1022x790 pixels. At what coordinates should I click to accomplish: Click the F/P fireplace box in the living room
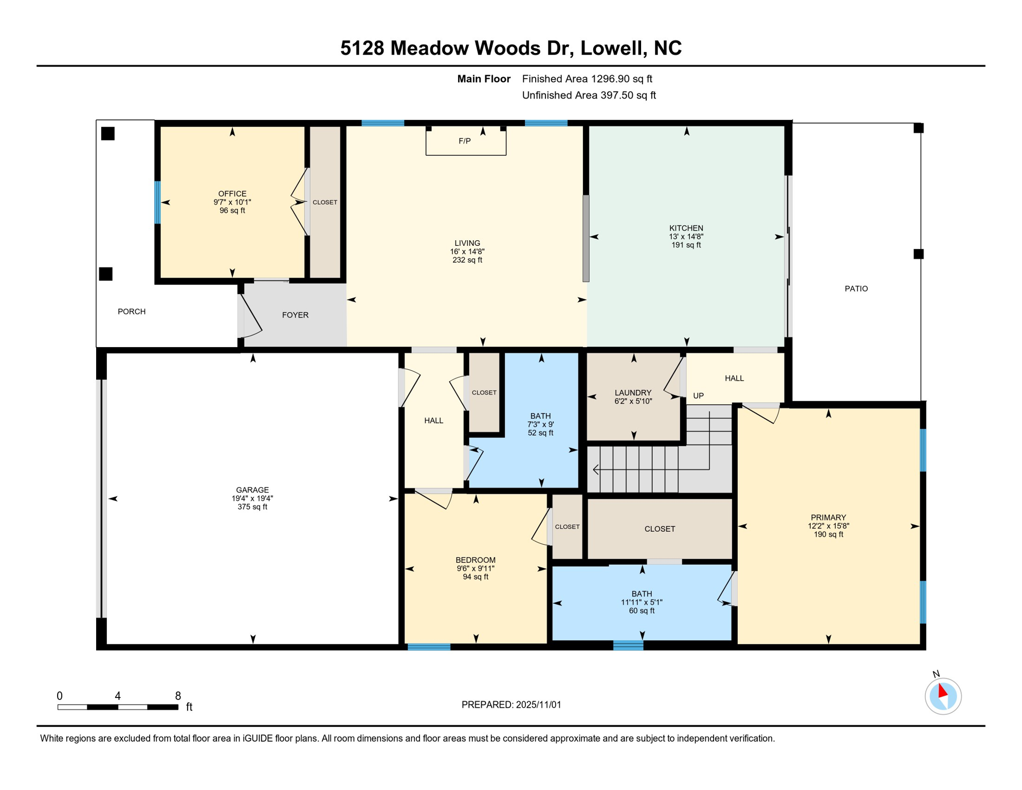pyautogui.click(x=466, y=141)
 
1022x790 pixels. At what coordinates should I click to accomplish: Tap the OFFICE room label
pyautogui.click(x=232, y=194)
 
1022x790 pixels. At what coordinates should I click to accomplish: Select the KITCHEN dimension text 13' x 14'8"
pyautogui.click(x=686, y=237)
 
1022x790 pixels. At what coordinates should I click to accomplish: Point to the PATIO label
pyautogui.click(x=856, y=289)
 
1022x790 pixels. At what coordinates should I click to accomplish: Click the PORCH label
pyautogui.click(x=132, y=312)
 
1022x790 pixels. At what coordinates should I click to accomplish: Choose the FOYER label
pyautogui.click(x=295, y=315)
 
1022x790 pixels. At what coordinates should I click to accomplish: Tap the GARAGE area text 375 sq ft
pyautogui.click(x=252, y=507)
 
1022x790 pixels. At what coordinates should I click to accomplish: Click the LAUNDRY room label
pyautogui.click(x=633, y=392)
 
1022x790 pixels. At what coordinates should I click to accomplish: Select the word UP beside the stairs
pyautogui.click(x=698, y=396)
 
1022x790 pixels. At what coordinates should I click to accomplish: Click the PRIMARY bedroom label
pyautogui.click(x=828, y=517)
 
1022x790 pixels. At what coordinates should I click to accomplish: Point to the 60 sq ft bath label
pyautogui.click(x=642, y=611)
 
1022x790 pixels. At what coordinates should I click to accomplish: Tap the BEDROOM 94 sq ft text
pyautogui.click(x=475, y=577)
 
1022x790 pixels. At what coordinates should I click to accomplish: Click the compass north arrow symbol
pyautogui.click(x=942, y=691)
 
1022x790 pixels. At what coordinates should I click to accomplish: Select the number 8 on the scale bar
pyautogui.click(x=178, y=696)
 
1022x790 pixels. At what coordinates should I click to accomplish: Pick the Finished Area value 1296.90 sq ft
pyautogui.click(x=621, y=79)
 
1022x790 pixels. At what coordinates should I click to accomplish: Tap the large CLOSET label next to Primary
pyautogui.click(x=660, y=529)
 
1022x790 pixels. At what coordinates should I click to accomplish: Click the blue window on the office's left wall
pyautogui.click(x=157, y=202)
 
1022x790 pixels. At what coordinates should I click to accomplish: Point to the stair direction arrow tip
pyautogui.click(x=595, y=469)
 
